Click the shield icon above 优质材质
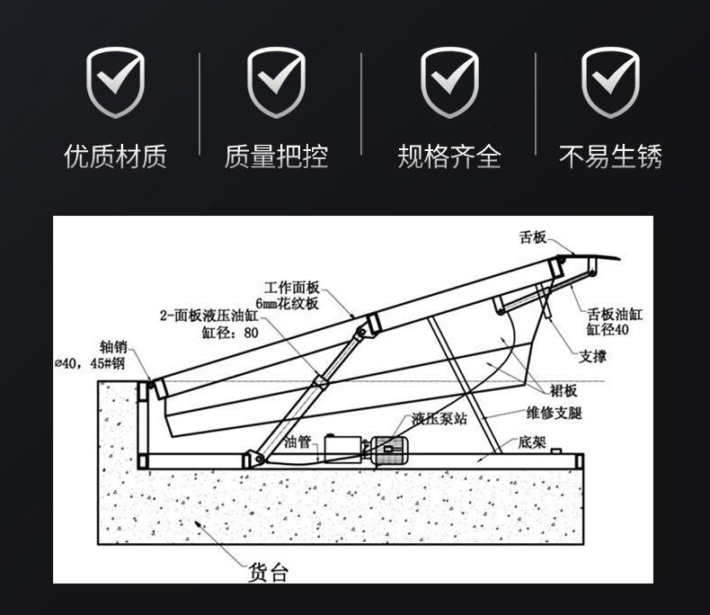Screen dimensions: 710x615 [115, 83]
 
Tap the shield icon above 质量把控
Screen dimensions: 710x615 [276, 83]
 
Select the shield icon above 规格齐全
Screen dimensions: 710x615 [448, 83]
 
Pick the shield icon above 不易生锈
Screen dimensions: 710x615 [610, 83]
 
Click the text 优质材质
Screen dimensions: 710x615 [115, 157]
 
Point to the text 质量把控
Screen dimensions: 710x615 [276, 157]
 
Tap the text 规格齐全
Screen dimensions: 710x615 [448, 157]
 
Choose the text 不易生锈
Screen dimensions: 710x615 [610, 157]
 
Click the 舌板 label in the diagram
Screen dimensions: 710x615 [533, 237]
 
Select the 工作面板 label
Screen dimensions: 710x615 [292, 287]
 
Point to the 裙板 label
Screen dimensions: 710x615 [564, 390]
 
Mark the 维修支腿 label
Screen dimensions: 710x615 [555, 414]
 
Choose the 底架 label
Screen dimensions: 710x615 [532, 442]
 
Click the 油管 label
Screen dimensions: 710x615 [297, 441]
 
